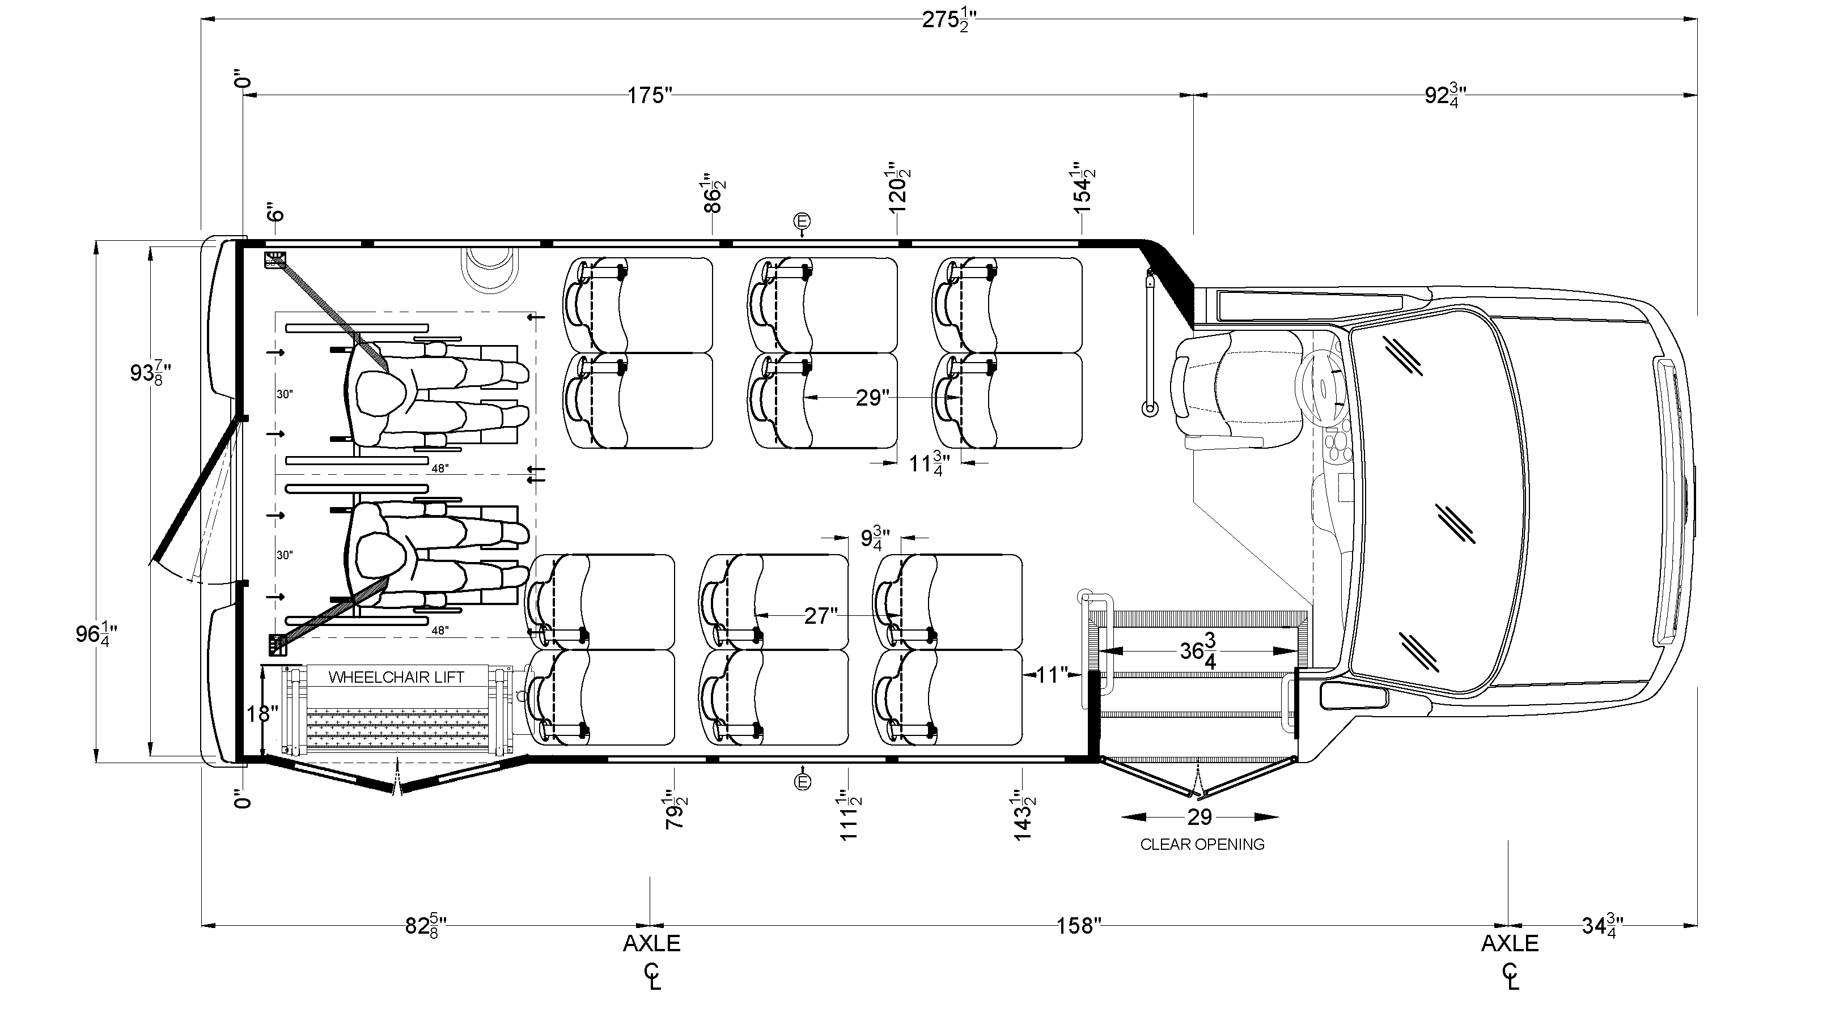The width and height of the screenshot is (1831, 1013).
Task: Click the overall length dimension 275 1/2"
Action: pyautogui.click(x=949, y=20)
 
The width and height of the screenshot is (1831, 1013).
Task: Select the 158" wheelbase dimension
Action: pyautogui.click(x=1078, y=926)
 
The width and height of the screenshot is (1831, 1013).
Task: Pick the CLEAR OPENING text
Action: pyautogui.click(x=1202, y=845)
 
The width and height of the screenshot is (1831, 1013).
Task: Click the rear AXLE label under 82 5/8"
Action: pyautogui.click(x=652, y=944)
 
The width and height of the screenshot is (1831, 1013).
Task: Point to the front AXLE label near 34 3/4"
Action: pyautogui.click(x=1510, y=944)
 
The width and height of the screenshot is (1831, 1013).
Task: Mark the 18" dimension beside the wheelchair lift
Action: pyautogui.click(x=261, y=713)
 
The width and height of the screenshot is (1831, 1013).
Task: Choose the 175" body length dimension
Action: pyautogui.click(x=650, y=95)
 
